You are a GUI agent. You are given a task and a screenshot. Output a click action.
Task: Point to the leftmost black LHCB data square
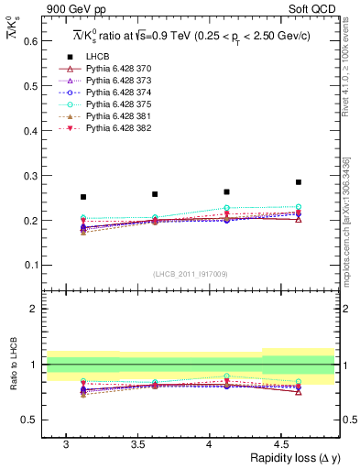tap(83, 197)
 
